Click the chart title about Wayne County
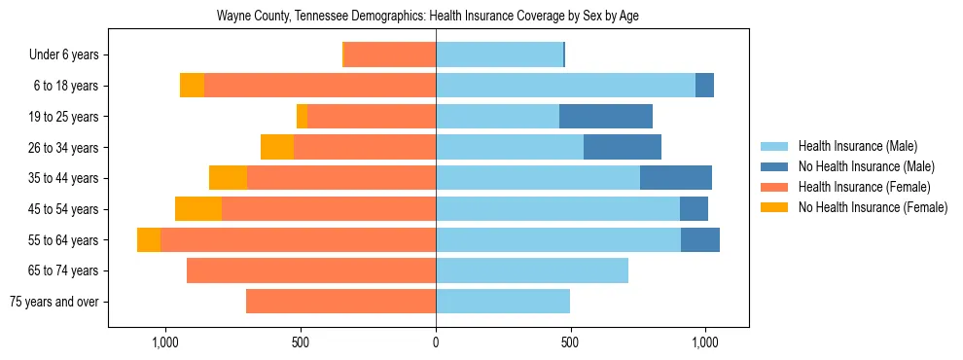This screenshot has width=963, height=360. coord(428,17)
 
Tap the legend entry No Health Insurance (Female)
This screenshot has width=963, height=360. coord(873,207)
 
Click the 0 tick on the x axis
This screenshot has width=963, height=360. coord(436,342)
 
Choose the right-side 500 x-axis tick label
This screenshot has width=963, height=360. coord(571,342)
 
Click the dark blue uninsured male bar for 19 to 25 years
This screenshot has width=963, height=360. coord(606,117)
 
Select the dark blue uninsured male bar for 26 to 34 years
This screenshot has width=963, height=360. coord(623,147)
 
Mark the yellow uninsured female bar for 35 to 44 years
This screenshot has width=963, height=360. coord(228,178)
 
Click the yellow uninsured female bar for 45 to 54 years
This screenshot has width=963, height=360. coord(198,209)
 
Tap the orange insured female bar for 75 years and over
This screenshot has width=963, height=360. coord(340,302)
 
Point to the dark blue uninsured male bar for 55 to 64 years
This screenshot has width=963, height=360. coord(700,239)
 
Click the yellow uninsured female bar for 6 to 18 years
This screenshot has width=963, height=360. coord(192,86)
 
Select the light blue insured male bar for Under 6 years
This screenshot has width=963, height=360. coord(499,55)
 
